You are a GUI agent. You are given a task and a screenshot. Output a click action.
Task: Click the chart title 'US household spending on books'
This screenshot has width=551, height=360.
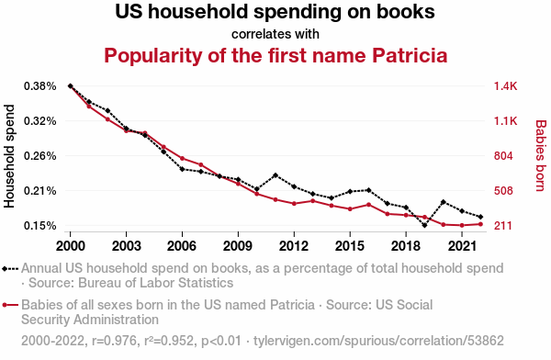(275, 12)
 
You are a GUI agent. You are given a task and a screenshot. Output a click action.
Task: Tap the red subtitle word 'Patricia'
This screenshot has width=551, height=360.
(410, 55)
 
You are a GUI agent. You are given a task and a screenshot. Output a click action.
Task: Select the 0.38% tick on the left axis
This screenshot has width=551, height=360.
(40, 86)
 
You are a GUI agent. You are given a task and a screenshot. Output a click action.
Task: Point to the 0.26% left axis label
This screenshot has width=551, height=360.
(40, 156)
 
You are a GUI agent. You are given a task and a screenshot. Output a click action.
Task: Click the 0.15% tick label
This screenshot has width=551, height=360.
(40, 226)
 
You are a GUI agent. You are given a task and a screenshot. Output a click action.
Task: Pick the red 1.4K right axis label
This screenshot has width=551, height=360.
(505, 86)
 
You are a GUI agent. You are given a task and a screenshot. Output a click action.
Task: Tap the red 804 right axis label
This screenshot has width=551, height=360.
(503, 156)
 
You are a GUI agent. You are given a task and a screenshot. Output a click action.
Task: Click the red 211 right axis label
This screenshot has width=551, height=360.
(503, 226)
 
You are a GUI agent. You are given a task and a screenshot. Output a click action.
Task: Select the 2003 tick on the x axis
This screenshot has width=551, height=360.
(126, 246)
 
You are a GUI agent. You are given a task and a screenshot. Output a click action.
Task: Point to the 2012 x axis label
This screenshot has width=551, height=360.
(294, 246)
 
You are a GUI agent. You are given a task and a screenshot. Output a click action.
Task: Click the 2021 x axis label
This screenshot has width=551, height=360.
(462, 246)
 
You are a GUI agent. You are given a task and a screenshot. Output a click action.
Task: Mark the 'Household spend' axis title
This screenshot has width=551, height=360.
(9, 156)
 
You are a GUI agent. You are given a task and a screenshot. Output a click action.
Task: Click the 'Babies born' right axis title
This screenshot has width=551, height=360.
(541, 156)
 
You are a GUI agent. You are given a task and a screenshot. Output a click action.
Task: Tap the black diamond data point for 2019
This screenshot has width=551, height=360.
(424, 225)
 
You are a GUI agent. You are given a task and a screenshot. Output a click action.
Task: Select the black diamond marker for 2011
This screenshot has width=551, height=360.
(275, 175)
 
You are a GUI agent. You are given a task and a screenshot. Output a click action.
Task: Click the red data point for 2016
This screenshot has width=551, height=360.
(368, 205)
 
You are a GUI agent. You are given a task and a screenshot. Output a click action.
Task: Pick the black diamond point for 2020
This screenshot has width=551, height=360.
(444, 202)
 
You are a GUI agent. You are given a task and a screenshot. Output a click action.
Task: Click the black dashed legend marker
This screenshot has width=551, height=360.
(10, 269)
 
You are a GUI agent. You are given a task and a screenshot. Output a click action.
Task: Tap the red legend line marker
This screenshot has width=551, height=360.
(10, 305)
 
